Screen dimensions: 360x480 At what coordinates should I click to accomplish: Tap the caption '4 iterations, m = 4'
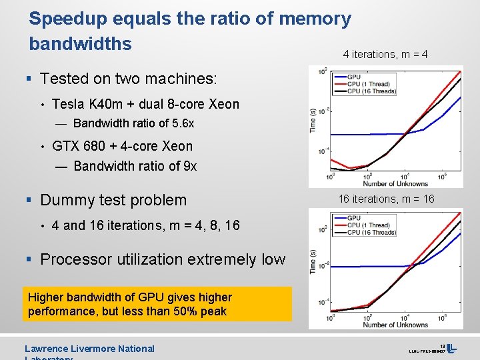[x=385, y=54]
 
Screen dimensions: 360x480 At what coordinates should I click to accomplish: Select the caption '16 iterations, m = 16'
[x=386, y=199]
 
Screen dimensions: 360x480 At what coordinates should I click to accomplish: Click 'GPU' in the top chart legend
[x=354, y=77]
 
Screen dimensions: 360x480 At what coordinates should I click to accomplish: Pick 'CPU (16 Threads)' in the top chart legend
[x=371, y=91]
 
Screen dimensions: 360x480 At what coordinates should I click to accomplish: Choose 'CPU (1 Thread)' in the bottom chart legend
[x=369, y=225]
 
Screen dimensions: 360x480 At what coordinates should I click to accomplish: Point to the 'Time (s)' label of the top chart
[x=313, y=120]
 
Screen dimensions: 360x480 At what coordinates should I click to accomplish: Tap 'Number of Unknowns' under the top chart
[x=395, y=183]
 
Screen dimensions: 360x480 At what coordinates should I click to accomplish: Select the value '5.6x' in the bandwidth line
[x=181, y=123]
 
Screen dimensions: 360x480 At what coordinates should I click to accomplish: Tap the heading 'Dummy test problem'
[x=113, y=200]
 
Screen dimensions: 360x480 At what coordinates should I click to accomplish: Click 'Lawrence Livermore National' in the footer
[x=89, y=349]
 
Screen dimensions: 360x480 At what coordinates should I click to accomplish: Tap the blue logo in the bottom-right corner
[x=451, y=348]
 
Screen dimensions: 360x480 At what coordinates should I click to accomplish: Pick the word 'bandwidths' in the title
[x=80, y=44]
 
